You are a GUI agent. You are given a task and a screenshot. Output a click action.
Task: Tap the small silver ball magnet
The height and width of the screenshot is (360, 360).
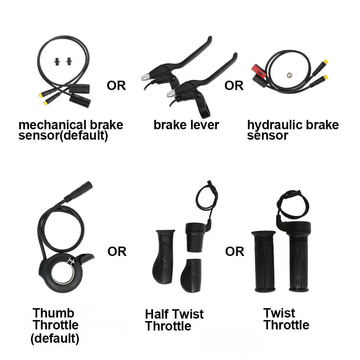[289, 75]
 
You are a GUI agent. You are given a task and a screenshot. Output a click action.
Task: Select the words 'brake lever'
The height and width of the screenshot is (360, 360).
[186, 125]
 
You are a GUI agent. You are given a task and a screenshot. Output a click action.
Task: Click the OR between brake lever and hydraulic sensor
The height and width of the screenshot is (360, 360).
[234, 86]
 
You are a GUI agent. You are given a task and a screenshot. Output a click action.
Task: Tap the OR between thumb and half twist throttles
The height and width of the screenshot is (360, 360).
[117, 251]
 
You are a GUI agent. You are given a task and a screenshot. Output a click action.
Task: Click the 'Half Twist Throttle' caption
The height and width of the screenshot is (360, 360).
[174, 320]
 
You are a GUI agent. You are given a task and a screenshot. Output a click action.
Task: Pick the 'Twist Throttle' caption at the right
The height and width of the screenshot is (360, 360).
[286, 319]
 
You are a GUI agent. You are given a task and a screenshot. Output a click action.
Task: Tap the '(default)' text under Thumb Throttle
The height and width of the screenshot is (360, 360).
[55, 338]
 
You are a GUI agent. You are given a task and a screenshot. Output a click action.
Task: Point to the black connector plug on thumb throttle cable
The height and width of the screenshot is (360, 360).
[79, 191]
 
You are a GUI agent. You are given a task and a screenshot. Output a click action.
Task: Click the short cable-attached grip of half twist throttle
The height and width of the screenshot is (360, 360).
[195, 238]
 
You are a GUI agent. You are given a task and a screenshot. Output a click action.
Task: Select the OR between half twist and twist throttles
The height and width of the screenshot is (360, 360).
[235, 251]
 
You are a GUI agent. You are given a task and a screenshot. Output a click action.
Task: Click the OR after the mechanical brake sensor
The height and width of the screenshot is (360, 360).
[116, 86]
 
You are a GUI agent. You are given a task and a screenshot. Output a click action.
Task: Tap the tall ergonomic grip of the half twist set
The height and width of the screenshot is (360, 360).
[163, 257]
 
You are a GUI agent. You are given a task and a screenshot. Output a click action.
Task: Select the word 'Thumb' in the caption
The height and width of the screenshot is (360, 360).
[54, 313]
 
